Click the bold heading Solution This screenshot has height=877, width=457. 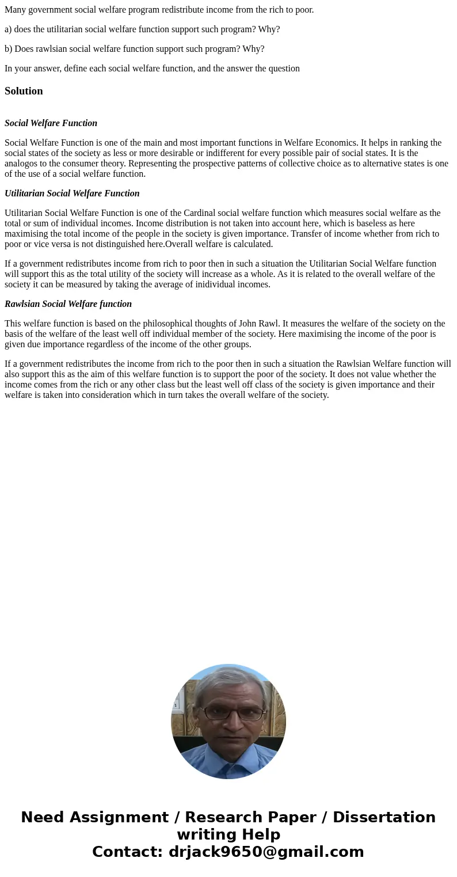point(24,91)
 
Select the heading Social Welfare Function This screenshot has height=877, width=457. point(51,123)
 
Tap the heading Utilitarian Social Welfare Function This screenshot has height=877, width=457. point(72,193)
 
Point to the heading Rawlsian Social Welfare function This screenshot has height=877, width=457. point(68,304)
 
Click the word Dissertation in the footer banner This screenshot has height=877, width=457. point(384,817)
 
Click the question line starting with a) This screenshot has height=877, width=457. point(142,29)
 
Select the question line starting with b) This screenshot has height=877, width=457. point(134,49)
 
